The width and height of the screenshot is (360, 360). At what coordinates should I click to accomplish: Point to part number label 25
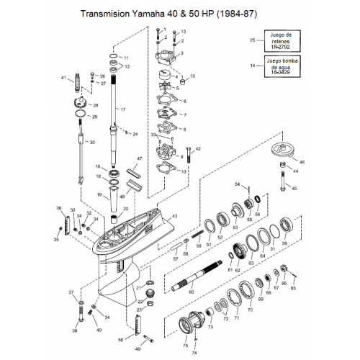click(x=252, y=40)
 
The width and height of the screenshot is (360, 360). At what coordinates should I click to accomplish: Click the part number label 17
click(x=123, y=109)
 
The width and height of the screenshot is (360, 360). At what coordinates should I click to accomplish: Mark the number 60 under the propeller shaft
click(x=191, y=292)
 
